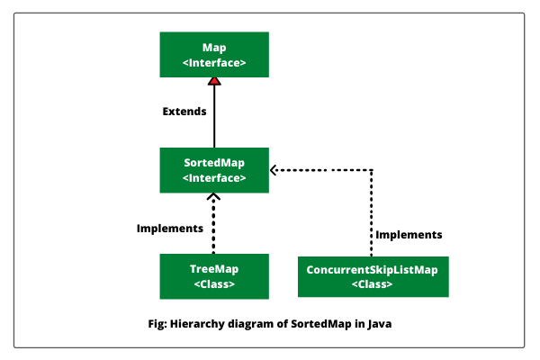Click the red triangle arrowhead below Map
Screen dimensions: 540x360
pos(214,81)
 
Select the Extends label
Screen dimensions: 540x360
pos(184,112)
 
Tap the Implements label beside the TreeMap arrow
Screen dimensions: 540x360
pos(170,229)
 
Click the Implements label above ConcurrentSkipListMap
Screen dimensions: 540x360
pos(409,235)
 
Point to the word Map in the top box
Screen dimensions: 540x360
pos(214,48)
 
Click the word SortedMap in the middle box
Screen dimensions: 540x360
pos(214,163)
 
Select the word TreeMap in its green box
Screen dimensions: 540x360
pos(214,269)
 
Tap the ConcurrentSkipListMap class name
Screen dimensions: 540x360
pos(372,270)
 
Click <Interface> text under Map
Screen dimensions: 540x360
pos(214,63)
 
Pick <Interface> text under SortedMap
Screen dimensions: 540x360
pos(214,178)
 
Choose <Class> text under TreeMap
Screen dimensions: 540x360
pos(214,284)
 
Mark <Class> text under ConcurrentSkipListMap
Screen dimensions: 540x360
pos(372,284)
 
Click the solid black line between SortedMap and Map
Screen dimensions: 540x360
pos(214,116)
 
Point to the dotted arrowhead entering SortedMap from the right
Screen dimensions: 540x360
pos(274,170)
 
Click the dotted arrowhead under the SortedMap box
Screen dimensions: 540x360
pos(213,197)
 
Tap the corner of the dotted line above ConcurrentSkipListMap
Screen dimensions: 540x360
pos(371,170)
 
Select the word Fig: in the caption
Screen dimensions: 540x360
pos(157,324)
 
